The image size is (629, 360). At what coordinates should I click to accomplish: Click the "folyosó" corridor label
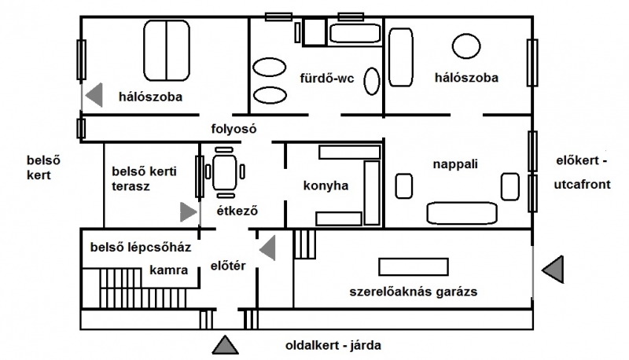pos(234,128)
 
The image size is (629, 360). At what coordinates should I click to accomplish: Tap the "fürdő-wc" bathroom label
pos(327,79)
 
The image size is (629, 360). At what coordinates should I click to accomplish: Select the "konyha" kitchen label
pos(326,186)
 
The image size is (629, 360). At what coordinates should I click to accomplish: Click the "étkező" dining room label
pos(237,211)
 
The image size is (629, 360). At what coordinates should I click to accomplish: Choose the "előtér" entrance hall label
pos(230,266)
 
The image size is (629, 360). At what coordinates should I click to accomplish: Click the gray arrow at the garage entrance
pos(554,269)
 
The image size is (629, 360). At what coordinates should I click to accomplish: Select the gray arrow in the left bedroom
pos(94,95)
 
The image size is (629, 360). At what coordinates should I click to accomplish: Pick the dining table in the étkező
pos(226,172)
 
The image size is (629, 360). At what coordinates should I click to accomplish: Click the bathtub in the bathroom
pos(353,34)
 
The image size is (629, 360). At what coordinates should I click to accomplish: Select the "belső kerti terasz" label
pos(142,178)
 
